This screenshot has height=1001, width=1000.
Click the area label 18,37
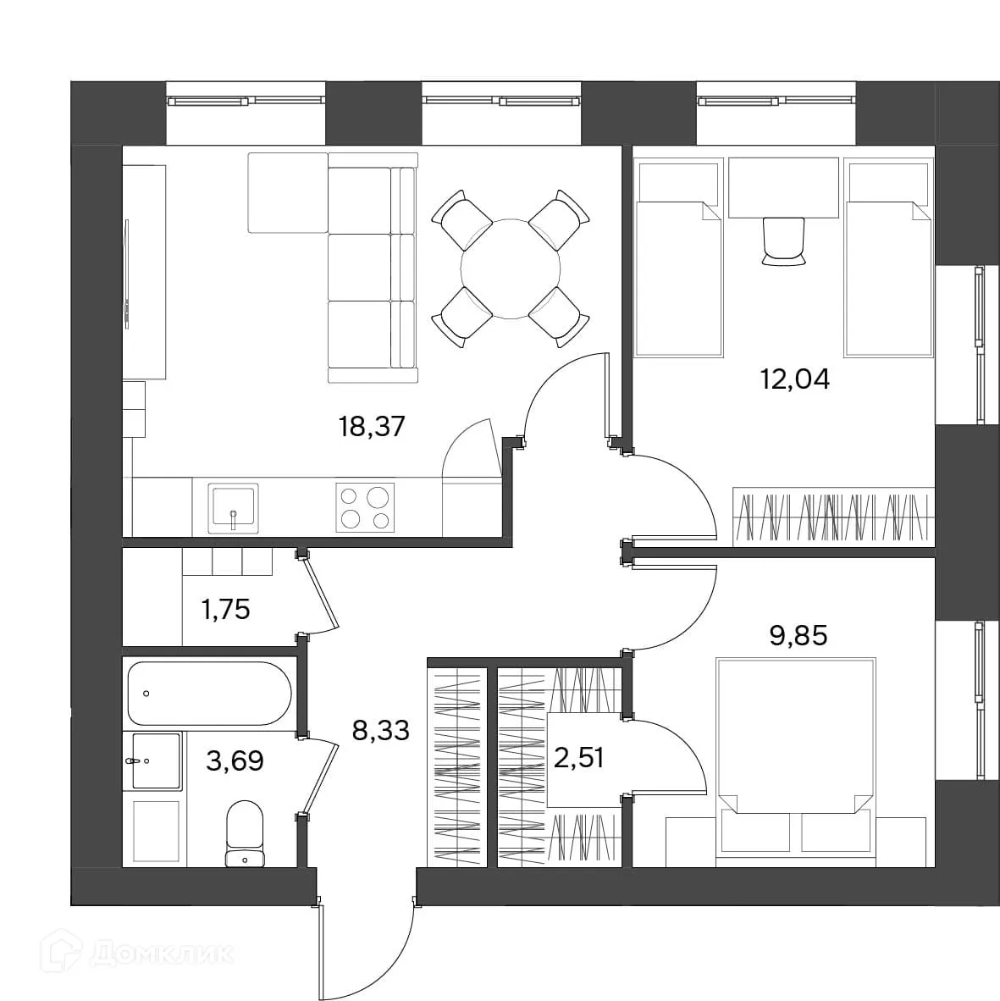[x=372, y=427]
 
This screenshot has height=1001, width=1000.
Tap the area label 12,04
[x=794, y=379]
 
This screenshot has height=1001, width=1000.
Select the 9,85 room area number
[x=798, y=636]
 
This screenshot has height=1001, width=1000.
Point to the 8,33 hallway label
[x=380, y=730]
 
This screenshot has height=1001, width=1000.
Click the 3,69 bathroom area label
[x=235, y=761]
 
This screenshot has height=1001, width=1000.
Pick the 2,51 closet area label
[x=579, y=759]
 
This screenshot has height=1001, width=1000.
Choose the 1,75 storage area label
[x=225, y=610]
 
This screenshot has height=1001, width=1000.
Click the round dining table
[x=511, y=268]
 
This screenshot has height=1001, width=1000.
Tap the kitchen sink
[x=234, y=508]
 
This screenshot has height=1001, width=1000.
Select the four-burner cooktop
[x=365, y=507]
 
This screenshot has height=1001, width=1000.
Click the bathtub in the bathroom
[x=209, y=694]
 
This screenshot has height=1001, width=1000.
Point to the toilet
[x=245, y=833]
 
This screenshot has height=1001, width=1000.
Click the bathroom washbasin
[x=157, y=761]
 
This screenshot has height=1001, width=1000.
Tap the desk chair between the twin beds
[x=783, y=241]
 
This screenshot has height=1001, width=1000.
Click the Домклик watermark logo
[x=137, y=954]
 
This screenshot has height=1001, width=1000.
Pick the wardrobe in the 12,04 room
[x=833, y=517]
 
